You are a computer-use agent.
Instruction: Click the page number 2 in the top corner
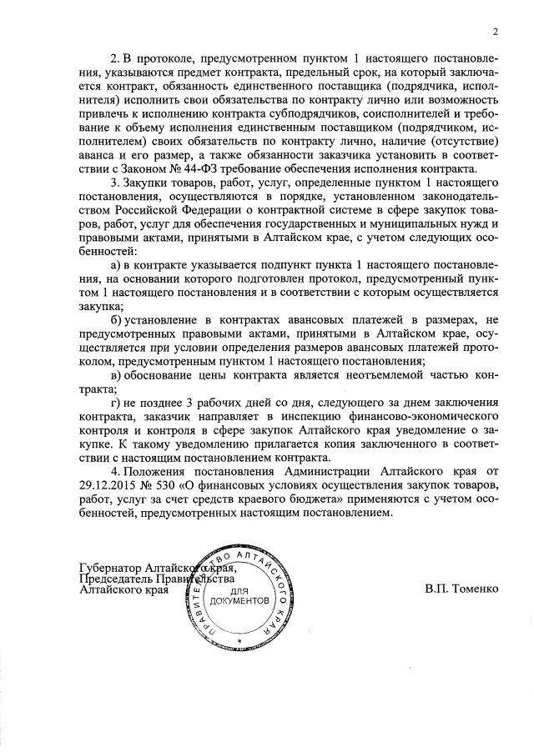click(495, 33)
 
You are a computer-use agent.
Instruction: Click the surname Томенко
click(475, 588)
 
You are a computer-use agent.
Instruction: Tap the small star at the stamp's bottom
click(239, 639)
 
